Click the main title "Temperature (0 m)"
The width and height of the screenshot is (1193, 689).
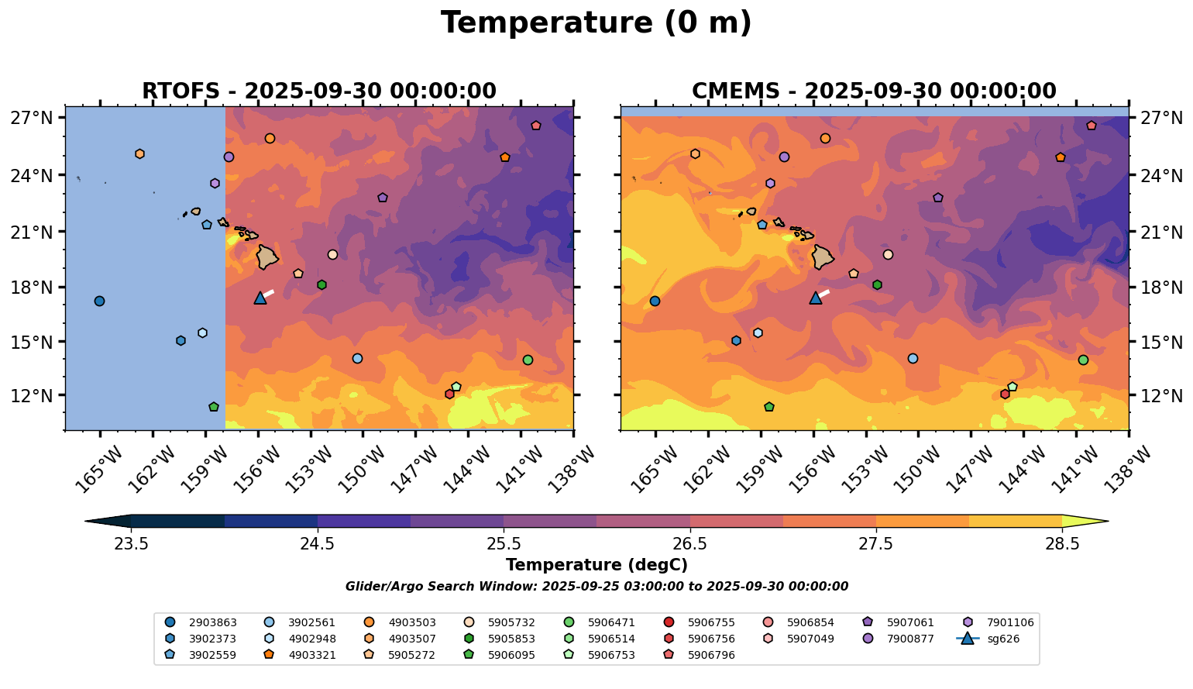click(596, 22)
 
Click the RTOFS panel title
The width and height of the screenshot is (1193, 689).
click(318, 91)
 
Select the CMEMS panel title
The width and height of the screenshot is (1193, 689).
click(874, 91)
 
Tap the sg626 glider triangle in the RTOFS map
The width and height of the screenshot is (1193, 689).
click(260, 298)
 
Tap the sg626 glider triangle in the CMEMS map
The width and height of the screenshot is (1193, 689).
click(816, 298)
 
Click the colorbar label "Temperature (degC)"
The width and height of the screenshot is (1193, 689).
click(596, 565)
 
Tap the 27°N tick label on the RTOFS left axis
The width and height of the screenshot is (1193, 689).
click(32, 118)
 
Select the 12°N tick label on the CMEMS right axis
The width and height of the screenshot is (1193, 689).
click(1162, 395)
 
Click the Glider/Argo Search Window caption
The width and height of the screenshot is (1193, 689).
click(596, 587)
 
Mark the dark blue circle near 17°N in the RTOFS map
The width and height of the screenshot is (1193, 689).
click(99, 301)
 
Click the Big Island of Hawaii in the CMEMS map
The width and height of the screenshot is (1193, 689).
click(822, 257)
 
